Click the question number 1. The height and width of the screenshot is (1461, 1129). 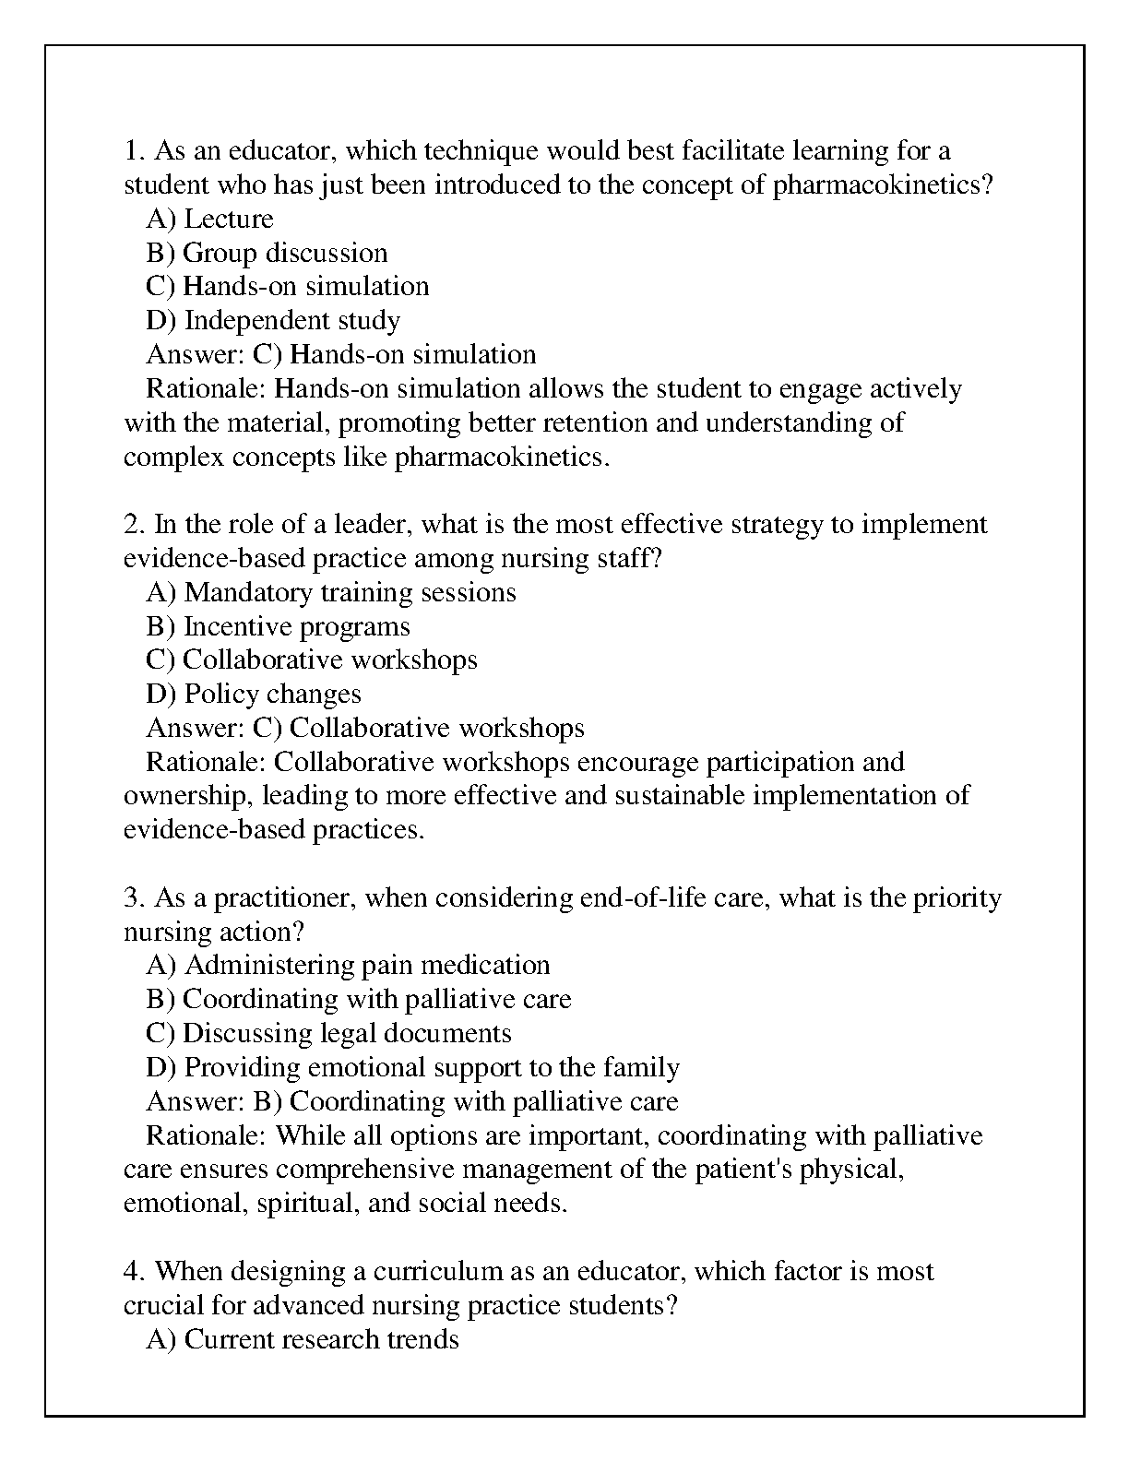coord(132,150)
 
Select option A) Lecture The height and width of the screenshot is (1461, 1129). coord(209,219)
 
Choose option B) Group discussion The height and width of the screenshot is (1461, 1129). coord(267,253)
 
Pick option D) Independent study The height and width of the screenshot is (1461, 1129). coord(273,320)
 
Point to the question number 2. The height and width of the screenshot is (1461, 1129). coord(133,524)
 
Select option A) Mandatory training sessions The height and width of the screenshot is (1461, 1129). coord(331,592)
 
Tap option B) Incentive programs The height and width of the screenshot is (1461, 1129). coord(278,626)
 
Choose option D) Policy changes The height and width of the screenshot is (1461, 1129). coord(254,694)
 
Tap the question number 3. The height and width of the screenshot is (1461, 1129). coord(133,897)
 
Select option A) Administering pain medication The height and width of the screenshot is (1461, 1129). coord(348,965)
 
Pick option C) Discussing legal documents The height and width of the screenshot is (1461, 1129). coord(328,1033)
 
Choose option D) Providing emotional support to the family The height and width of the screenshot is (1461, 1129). coord(412,1067)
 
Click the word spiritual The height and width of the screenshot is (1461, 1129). coord(307,1203)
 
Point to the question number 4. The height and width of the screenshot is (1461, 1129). coord(133,1271)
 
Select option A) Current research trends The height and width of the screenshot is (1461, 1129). coord(303,1339)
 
